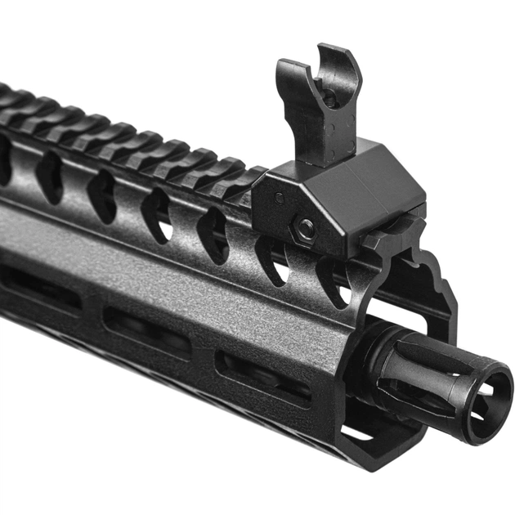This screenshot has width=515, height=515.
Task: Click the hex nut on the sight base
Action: click(306, 230)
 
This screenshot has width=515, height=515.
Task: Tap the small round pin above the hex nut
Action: click(280, 197)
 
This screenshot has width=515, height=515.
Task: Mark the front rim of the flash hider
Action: click(490, 425)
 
